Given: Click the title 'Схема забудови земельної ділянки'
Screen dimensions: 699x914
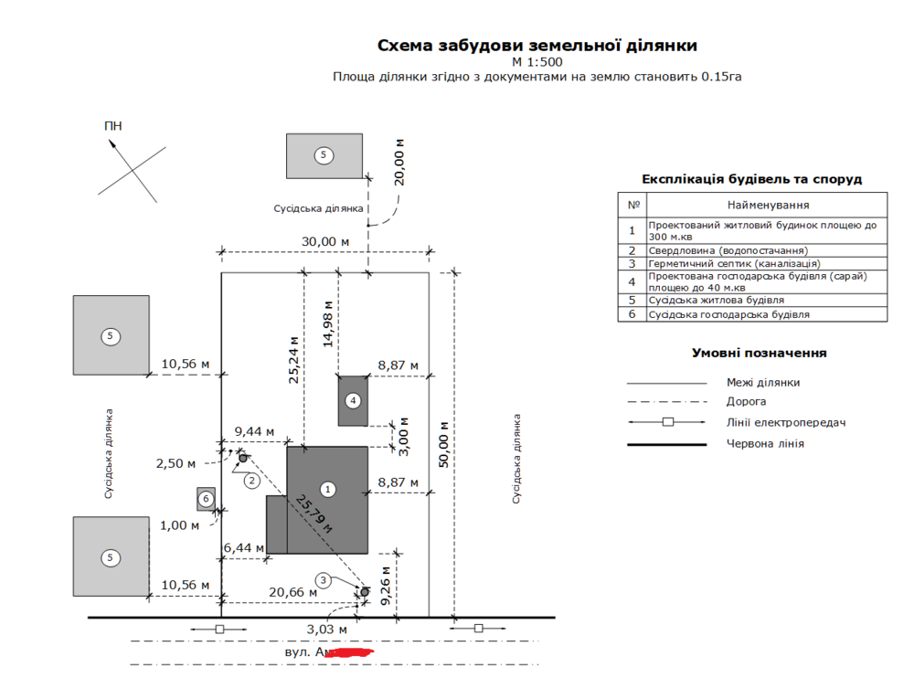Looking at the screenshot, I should (x=537, y=45).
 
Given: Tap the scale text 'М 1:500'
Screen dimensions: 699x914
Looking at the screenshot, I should (x=537, y=62).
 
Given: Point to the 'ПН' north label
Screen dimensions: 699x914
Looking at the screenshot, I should (x=113, y=126).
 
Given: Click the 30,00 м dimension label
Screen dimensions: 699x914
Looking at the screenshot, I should (x=326, y=241).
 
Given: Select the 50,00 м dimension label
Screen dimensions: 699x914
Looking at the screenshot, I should (x=444, y=444).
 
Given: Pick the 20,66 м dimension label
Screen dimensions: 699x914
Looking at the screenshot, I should (x=293, y=592).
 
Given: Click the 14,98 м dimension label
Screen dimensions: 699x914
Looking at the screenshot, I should (x=328, y=321).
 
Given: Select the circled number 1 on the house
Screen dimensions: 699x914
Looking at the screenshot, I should (x=328, y=490).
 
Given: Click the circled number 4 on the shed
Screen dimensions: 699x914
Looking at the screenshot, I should (x=353, y=400).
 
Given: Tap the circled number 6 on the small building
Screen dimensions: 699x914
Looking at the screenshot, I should (x=207, y=499).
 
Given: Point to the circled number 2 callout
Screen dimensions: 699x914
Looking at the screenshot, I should (x=250, y=480).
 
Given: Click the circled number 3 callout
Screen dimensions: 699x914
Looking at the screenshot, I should (x=323, y=579).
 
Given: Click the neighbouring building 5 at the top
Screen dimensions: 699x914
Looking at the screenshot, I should (x=323, y=155).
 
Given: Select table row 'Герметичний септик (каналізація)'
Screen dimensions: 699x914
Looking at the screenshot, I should (x=721, y=263).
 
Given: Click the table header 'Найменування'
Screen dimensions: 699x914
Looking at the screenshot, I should (x=768, y=206).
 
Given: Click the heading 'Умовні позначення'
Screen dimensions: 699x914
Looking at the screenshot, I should (x=760, y=353).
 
